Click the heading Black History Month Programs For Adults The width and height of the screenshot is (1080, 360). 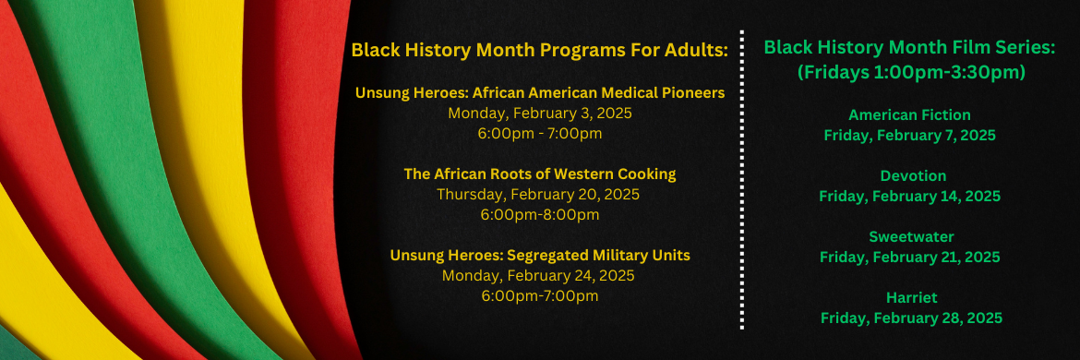[x=539, y=50]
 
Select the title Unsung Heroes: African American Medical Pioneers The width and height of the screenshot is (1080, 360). [x=539, y=92]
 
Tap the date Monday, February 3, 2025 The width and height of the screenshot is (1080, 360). [x=539, y=114]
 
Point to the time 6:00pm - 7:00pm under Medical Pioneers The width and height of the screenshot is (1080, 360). [x=539, y=134]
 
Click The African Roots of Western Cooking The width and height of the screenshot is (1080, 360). [x=539, y=174]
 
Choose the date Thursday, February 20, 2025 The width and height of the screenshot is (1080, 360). [x=539, y=195]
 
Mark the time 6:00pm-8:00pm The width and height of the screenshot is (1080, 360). [x=539, y=215]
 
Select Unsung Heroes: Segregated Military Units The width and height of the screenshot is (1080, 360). [x=539, y=255]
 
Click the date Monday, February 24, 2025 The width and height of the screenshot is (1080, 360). [x=539, y=276]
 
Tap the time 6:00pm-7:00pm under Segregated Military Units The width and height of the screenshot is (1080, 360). [x=539, y=296]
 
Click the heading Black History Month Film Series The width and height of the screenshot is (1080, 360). [x=909, y=47]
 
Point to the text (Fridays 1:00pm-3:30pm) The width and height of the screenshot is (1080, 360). [x=909, y=71]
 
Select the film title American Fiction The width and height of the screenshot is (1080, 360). [x=909, y=115]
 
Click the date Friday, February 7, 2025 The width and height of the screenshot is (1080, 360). [x=909, y=135]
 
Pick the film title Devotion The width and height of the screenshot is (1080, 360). [x=909, y=175]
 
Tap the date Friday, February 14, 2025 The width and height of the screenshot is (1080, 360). [x=909, y=196]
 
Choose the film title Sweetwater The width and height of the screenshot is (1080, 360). [x=909, y=236]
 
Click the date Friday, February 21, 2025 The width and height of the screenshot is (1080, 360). [x=909, y=257]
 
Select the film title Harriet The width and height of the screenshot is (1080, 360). [x=909, y=297]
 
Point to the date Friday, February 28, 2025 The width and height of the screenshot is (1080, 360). [x=909, y=318]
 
